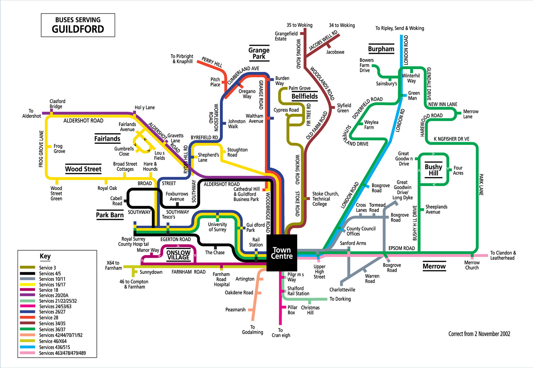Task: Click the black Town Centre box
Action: tap(282, 253)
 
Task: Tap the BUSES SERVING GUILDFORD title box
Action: tap(78, 25)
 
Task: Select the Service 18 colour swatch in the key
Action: tap(27, 290)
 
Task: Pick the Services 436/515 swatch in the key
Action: tap(27, 347)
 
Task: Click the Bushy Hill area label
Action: tap(434, 170)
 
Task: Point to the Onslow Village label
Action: tap(178, 255)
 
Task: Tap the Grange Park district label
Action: tap(259, 53)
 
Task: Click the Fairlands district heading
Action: tap(107, 139)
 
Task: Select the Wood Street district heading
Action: tap(83, 169)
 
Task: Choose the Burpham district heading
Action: tap(381, 49)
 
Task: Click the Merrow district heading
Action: tap(434, 266)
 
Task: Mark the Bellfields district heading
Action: tap(305, 96)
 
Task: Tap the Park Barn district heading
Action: tap(110, 215)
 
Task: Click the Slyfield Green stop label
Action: tap(344, 108)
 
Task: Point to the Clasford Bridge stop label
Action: tap(57, 104)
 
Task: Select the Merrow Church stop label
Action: tap(472, 265)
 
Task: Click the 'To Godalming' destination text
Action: tap(252, 330)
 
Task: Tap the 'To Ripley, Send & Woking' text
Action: tap(400, 28)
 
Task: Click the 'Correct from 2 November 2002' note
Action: tap(479, 334)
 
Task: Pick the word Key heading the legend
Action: tap(45, 256)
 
